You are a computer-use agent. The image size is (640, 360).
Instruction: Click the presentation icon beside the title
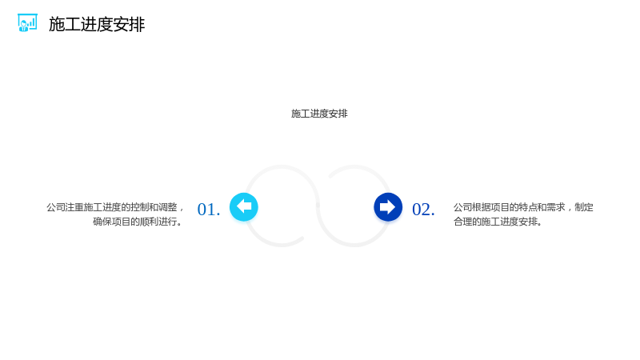coord(27,23)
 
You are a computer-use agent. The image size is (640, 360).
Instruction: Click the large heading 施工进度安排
coord(97,25)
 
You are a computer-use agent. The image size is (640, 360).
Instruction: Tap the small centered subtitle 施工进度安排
coord(319,114)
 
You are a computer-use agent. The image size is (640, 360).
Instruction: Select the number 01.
coord(209,210)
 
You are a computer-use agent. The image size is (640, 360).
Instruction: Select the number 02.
coord(423,210)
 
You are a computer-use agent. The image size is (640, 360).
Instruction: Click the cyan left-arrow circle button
coord(244,207)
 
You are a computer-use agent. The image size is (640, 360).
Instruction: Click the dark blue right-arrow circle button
coord(388,207)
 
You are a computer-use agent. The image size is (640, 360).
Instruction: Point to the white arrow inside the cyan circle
coord(244,206)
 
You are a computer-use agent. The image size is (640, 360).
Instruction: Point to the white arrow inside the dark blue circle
coord(387,207)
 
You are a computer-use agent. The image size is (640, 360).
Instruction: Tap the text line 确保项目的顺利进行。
coord(138,222)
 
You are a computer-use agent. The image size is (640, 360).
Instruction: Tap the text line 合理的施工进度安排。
coord(498,222)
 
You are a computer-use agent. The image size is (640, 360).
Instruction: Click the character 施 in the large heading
coord(57,25)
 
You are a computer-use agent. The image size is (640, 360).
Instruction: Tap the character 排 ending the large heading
coord(137,25)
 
